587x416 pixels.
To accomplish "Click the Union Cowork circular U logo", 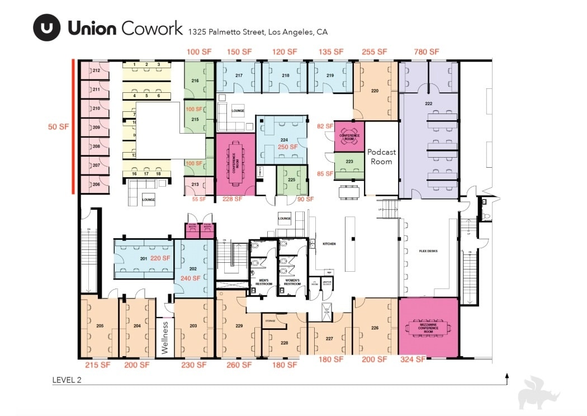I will (x=46, y=27).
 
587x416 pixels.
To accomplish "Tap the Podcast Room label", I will (x=381, y=157).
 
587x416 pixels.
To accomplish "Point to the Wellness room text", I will (x=165, y=337).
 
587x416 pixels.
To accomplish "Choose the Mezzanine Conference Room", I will (x=428, y=328).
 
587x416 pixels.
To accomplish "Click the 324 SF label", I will (x=413, y=360).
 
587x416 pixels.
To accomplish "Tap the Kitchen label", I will (x=329, y=244).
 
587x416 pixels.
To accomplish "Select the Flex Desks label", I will (x=428, y=251).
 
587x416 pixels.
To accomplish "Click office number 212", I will (x=96, y=70).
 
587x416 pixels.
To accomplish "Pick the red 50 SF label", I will (x=58, y=127).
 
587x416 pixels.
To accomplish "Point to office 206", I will (x=96, y=185).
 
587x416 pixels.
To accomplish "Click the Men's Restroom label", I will (x=264, y=282).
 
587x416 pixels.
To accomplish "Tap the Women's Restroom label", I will (x=292, y=282).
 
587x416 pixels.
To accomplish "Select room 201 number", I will (x=144, y=258).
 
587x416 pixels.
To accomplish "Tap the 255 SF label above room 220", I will (x=375, y=52).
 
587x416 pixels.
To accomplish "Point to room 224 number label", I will (x=284, y=140).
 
